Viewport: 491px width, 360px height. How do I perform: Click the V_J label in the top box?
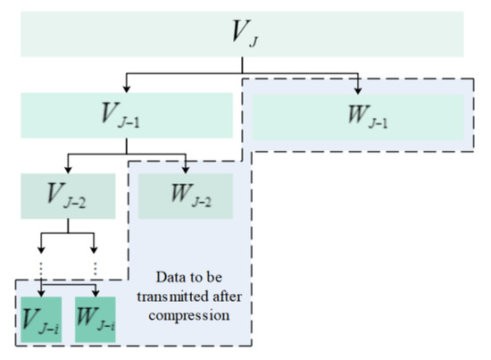[242, 34]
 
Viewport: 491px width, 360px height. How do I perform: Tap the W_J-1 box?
[358, 116]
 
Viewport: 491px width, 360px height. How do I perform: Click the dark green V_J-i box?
[41, 317]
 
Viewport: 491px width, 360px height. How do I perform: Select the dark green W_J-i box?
[94, 317]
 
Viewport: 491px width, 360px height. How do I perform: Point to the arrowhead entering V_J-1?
[127, 90]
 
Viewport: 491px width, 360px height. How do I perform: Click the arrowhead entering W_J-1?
[358, 90]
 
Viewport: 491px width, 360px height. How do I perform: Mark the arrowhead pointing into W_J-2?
[185, 170]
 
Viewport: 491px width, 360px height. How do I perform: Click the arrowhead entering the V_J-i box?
[41, 291]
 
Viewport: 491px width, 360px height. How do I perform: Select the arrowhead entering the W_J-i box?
[94, 291]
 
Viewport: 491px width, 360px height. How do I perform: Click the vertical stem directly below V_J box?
[242, 64]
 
